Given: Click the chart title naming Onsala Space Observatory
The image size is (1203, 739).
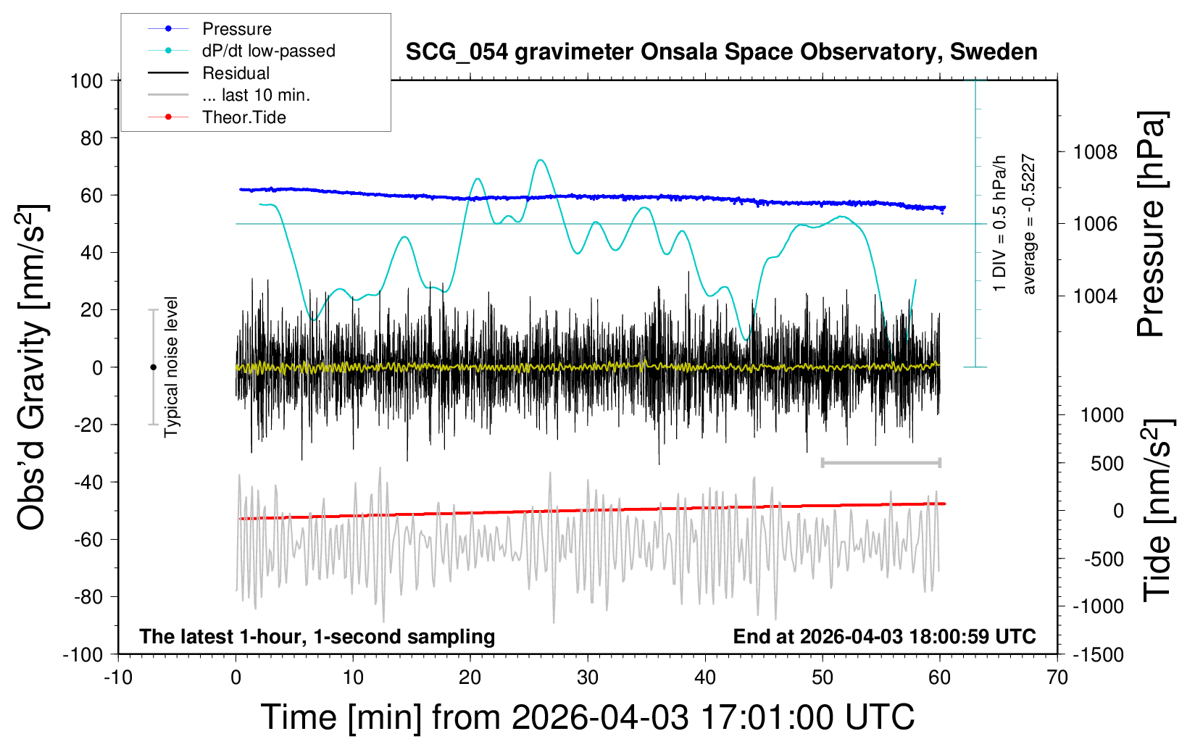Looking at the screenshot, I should pyautogui.click(x=721, y=52).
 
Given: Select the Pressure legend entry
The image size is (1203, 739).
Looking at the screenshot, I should pyautogui.click(x=236, y=29).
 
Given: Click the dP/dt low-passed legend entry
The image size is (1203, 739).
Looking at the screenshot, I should pyautogui.click(x=268, y=51).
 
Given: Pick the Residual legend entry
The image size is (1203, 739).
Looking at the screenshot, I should pyautogui.click(x=236, y=73).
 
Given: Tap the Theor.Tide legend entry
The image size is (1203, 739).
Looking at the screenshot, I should pyautogui.click(x=243, y=117).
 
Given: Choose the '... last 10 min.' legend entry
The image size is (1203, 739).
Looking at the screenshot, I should pyautogui.click(x=255, y=95).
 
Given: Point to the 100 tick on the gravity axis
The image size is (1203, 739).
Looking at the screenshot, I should pyautogui.click(x=87, y=80).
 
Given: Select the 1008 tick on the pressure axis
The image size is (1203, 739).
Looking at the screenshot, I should pyautogui.click(x=1095, y=152).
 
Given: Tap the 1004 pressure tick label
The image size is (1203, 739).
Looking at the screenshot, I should pyautogui.click(x=1095, y=296).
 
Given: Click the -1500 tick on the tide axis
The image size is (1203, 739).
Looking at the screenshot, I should pyautogui.click(x=1098, y=655).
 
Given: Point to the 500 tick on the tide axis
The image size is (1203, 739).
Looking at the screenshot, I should pyautogui.click(x=1107, y=464).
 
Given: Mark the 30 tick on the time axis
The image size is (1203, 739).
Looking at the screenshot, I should pyautogui.click(x=588, y=678).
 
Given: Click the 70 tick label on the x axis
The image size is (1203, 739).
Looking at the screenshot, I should pyautogui.click(x=1057, y=678).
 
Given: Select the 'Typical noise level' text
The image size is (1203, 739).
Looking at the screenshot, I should pyautogui.click(x=171, y=367).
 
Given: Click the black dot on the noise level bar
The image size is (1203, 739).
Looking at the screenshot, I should pyautogui.click(x=153, y=367).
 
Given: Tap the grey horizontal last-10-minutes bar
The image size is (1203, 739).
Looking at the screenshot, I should pyautogui.click(x=881, y=462).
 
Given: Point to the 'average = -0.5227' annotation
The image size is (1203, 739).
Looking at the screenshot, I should pyautogui.click(x=1028, y=224).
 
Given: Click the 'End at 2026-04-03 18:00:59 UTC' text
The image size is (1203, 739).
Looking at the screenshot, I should pyautogui.click(x=884, y=637).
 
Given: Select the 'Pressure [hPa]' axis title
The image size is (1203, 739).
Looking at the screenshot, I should pyautogui.click(x=1151, y=224).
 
